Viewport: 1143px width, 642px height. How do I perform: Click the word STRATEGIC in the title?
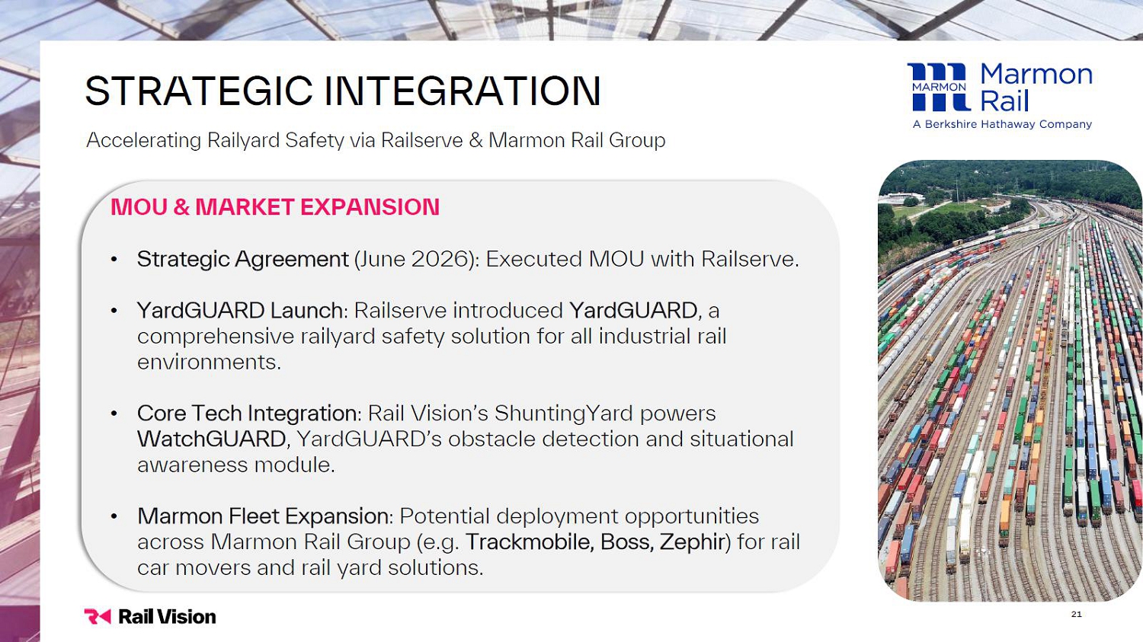point(198,91)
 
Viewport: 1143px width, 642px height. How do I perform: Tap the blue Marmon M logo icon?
point(939,87)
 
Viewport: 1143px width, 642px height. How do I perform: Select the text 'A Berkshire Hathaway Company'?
point(1002,124)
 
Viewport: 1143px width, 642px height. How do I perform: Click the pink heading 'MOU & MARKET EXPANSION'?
point(275,207)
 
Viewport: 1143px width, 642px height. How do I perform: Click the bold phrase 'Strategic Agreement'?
point(243,260)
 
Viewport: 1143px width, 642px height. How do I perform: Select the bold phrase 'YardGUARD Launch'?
point(240,310)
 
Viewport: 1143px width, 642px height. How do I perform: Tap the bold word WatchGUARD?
point(212,439)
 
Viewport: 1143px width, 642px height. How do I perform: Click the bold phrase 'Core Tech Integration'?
point(247,414)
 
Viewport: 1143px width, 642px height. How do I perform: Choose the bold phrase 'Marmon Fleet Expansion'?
point(263,516)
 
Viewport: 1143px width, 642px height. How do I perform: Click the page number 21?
point(1076,614)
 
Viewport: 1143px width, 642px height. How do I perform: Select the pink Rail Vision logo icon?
point(98,617)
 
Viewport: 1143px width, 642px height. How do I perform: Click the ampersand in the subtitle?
point(475,140)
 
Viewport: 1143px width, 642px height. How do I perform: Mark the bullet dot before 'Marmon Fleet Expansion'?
point(114,516)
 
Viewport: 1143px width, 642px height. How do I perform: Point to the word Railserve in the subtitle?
point(421,140)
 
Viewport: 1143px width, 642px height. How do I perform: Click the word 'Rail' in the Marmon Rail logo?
point(1004,101)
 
